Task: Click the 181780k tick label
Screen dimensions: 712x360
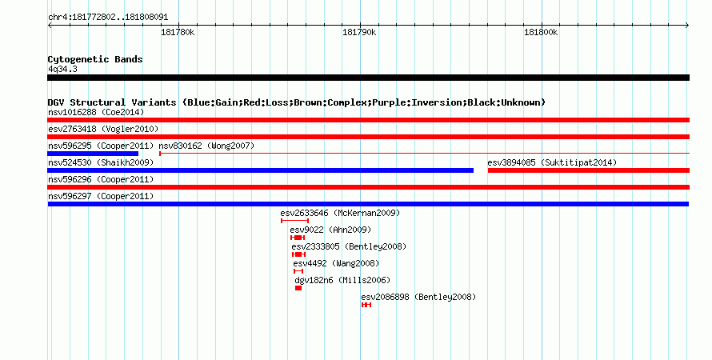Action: click(x=178, y=32)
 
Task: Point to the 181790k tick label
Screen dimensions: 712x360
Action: click(x=359, y=32)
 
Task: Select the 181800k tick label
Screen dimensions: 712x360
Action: click(x=541, y=32)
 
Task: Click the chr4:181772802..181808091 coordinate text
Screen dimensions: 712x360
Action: click(x=108, y=18)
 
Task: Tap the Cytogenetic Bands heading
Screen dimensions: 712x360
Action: click(x=95, y=59)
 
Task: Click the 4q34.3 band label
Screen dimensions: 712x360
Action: click(x=62, y=70)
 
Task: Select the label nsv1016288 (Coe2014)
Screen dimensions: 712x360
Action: click(x=96, y=112)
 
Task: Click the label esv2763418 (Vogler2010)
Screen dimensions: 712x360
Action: click(x=103, y=129)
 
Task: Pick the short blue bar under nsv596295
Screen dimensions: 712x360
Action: click(x=93, y=154)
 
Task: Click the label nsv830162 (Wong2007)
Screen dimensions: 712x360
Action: click(x=206, y=146)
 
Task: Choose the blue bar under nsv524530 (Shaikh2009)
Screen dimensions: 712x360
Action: click(x=260, y=170)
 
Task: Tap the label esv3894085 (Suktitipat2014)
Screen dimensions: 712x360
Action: click(x=552, y=162)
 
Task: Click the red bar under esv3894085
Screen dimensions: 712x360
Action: click(x=589, y=170)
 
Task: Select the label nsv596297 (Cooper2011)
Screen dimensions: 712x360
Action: click(x=101, y=196)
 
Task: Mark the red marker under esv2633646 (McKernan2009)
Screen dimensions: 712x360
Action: click(x=294, y=221)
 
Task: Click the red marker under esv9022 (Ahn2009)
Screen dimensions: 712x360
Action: click(x=298, y=238)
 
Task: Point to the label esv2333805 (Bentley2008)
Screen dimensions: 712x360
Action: click(x=349, y=246)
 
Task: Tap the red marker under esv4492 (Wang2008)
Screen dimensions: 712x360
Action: click(x=298, y=271)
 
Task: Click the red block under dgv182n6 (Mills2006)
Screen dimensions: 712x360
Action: click(x=298, y=288)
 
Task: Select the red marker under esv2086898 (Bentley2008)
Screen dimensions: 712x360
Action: click(x=366, y=305)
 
